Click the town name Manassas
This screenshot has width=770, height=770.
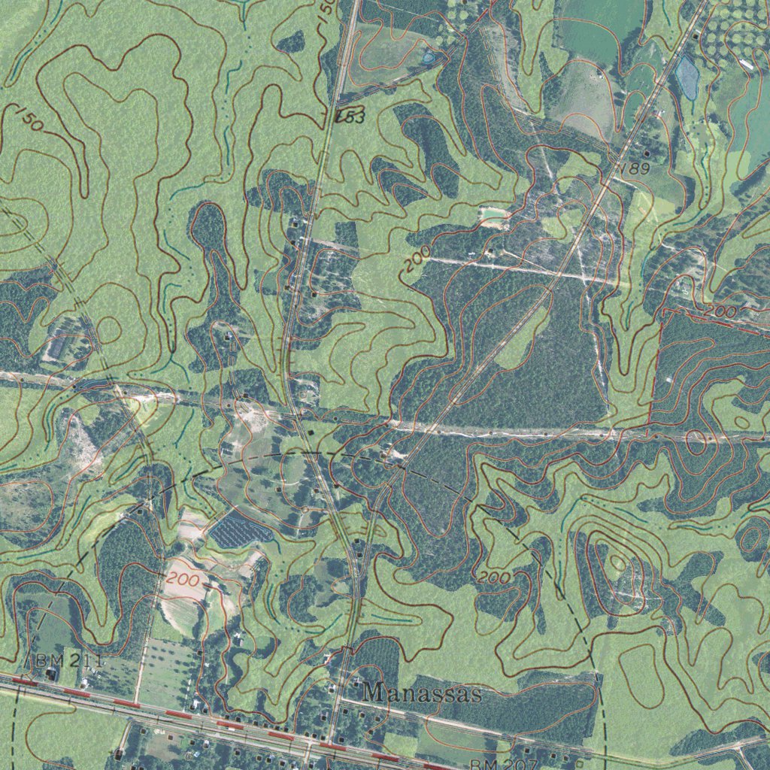click(x=421, y=693)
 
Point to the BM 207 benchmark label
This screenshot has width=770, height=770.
click(x=502, y=764)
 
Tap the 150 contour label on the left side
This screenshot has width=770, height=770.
click(x=29, y=120)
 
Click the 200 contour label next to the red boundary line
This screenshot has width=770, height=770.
click(x=722, y=311)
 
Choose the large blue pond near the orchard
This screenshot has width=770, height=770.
click(x=687, y=77)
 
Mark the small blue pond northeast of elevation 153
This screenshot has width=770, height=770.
click(x=429, y=56)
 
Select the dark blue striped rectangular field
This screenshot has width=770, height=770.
click(x=241, y=531)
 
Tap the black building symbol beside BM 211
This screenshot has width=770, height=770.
click(x=51, y=675)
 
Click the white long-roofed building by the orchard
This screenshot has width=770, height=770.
click(x=747, y=65)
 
